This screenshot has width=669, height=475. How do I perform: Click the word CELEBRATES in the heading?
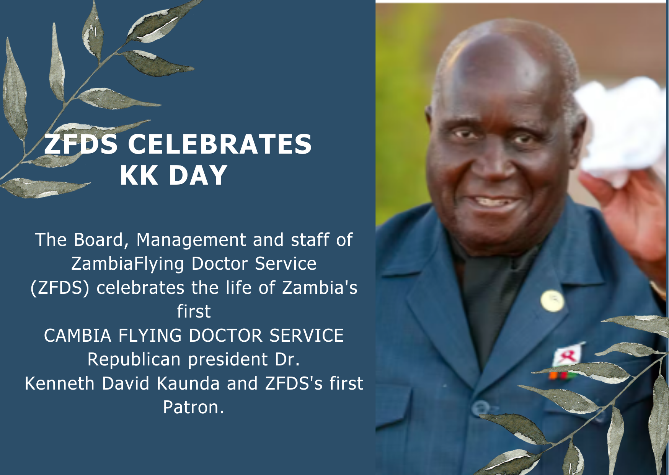coord(220,144)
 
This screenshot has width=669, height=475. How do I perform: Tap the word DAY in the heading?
coord(198,175)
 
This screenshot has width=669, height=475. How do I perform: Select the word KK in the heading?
coord(139,175)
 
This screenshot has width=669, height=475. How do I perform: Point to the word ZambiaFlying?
coord(127,264)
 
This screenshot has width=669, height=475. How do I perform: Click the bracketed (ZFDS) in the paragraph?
coord(59,288)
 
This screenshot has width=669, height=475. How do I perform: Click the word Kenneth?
coord(59,383)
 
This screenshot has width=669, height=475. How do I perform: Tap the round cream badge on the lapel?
coord(552,301)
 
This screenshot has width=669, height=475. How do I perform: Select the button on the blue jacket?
coord(480,408)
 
